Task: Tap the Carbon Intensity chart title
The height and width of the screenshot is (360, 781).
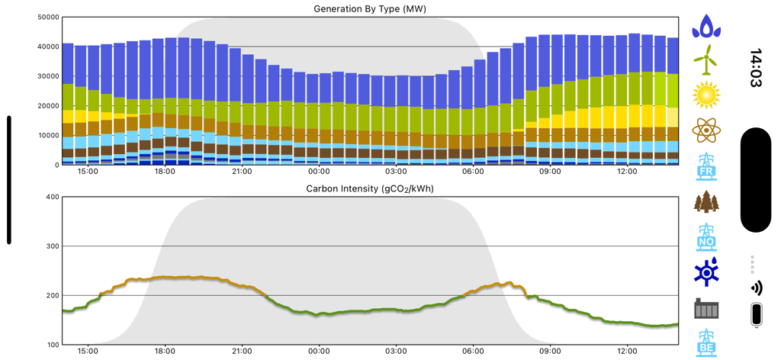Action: [369, 188]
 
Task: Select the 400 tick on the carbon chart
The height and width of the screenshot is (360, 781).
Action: [51, 197]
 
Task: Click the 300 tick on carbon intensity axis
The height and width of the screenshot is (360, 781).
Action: [51, 246]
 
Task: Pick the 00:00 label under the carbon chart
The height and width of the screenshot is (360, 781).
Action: [319, 352]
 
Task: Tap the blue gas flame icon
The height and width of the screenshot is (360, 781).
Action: [706, 26]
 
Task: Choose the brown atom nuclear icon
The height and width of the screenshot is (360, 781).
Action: [706, 130]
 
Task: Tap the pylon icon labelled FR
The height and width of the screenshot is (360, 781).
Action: [706, 166]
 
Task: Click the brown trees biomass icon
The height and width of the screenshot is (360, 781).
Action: [706, 202]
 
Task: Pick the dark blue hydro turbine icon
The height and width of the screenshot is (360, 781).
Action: [706, 272]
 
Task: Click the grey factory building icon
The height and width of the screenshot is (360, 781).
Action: [706, 308]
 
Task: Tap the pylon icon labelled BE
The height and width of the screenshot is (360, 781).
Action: [706, 343]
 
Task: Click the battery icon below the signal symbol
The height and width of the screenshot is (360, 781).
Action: [756, 315]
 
